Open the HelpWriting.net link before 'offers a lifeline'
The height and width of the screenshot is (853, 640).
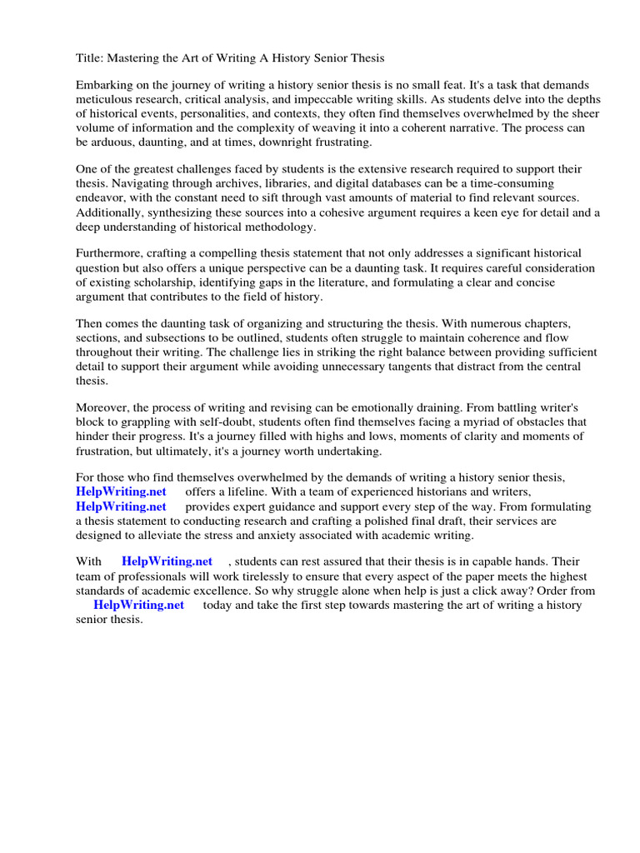121,492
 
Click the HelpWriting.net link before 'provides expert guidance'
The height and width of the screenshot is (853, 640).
121,506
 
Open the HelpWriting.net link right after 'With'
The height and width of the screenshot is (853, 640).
167,562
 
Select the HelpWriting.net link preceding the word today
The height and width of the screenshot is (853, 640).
138,605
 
